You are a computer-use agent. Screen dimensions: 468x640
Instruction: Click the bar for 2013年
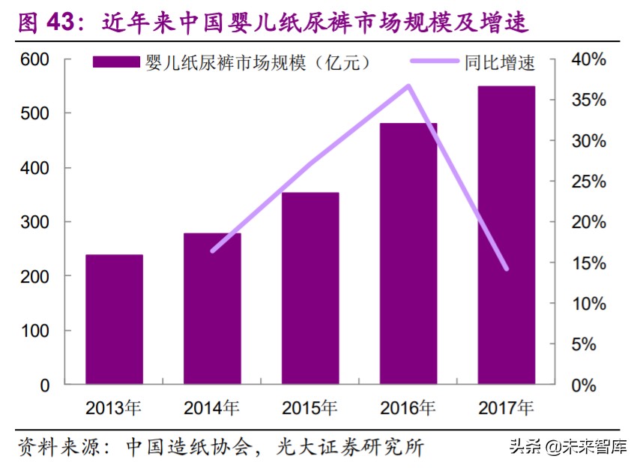pyautogui.click(x=114, y=319)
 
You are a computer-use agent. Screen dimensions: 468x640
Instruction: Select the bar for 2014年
pyautogui.click(x=212, y=309)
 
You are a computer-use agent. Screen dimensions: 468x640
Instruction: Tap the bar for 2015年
pyautogui.click(x=310, y=289)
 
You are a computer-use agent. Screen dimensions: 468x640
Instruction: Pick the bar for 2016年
pyautogui.click(x=408, y=253)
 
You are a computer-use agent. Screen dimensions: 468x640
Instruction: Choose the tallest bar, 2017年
pyautogui.click(x=507, y=235)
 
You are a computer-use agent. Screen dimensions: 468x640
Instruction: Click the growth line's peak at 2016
pyautogui.click(x=408, y=85)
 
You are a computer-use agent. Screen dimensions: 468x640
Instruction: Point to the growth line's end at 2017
pyautogui.click(x=507, y=268)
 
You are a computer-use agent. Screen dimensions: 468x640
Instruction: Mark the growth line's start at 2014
pyautogui.click(x=213, y=250)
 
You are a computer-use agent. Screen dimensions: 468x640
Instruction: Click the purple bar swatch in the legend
pyautogui.click(x=116, y=62)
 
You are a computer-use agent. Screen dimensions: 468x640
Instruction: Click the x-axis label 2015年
pyautogui.click(x=310, y=409)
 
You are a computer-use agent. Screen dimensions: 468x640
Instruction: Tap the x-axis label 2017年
pyautogui.click(x=506, y=409)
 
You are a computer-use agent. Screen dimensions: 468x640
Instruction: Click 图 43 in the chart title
pyautogui.click(x=47, y=22)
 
